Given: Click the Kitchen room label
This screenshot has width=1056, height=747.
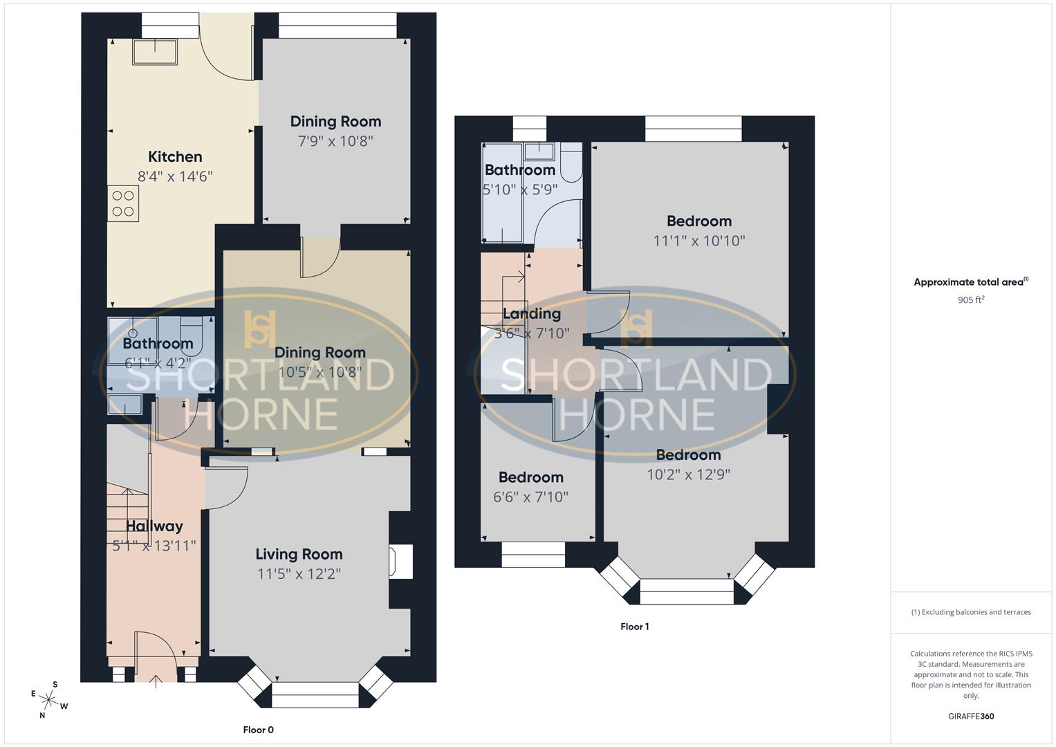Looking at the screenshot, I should pyautogui.click(x=175, y=157).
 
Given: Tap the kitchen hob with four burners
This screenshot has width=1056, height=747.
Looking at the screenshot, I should pyautogui.click(x=123, y=203).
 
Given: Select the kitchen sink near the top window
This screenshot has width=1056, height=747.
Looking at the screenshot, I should pyautogui.click(x=155, y=52).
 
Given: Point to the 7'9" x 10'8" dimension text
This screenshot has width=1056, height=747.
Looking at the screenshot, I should pyautogui.click(x=335, y=141).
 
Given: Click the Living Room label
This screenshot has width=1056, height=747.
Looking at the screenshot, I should pyautogui.click(x=299, y=554).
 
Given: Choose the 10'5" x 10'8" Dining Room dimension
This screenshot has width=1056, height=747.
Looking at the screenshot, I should pyautogui.click(x=319, y=372).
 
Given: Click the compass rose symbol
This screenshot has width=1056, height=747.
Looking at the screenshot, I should pyautogui.click(x=49, y=699).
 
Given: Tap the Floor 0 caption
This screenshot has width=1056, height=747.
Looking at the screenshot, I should pyautogui.click(x=259, y=730).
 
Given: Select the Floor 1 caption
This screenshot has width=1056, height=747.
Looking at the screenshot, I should pyautogui.click(x=634, y=627).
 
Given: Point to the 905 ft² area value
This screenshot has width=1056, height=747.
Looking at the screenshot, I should pyautogui.click(x=971, y=300).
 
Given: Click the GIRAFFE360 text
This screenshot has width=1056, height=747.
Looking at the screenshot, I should pyautogui.click(x=971, y=716).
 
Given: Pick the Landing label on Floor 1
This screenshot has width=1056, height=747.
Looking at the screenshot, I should pyautogui.click(x=531, y=314).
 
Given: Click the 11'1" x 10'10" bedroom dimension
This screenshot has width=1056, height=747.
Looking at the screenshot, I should pyautogui.click(x=699, y=241).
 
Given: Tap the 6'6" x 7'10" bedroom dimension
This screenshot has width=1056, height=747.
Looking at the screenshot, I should pyautogui.click(x=530, y=497).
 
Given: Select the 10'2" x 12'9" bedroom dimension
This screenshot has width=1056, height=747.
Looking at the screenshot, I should pyautogui.click(x=688, y=474).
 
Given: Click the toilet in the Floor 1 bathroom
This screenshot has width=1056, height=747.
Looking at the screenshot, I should pyautogui.click(x=571, y=161).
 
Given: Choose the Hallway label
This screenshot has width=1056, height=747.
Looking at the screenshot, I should pyautogui.click(x=154, y=526).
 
